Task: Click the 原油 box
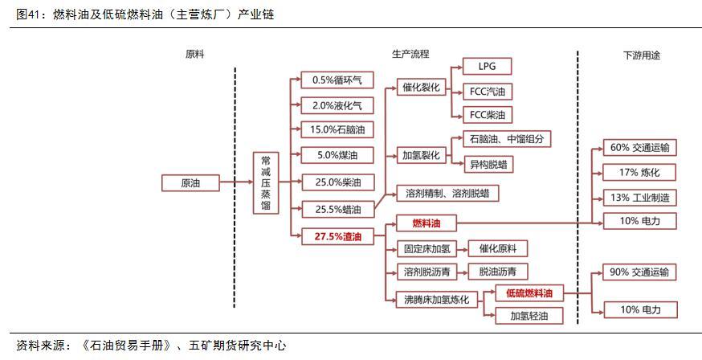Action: (190, 183)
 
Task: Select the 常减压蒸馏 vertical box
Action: (266, 183)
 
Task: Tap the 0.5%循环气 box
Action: (337, 80)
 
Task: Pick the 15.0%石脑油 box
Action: (337, 130)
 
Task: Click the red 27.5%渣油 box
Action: (337, 237)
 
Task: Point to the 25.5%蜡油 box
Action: (337, 209)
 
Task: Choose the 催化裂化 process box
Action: (418, 88)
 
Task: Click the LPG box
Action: (487, 67)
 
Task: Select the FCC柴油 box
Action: (487, 115)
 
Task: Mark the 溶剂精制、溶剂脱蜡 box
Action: (447, 194)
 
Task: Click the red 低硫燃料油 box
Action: (529, 294)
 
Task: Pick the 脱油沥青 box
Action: (498, 272)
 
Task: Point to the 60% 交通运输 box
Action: (639, 148)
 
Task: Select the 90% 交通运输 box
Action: (639, 272)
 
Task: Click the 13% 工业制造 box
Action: (639, 198)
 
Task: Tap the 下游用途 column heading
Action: (642, 55)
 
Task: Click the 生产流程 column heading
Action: (410, 54)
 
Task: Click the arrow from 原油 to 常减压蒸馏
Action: (236, 182)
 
